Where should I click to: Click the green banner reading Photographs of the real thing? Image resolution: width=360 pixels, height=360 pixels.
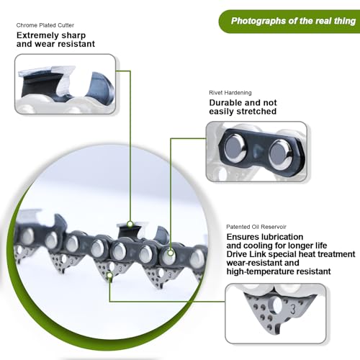[x=290, y=21]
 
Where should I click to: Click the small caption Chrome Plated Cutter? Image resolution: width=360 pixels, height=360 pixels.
[x=45, y=25]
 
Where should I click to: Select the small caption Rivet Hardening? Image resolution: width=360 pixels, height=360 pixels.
[x=230, y=93]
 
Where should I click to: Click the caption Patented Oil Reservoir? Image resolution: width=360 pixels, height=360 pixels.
[x=256, y=227]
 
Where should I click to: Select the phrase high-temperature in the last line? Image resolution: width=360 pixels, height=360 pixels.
[x=261, y=271]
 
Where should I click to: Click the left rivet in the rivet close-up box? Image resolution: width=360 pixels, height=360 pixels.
[x=235, y=148]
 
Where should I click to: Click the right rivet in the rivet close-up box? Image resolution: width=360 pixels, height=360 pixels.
[x=280, y=152]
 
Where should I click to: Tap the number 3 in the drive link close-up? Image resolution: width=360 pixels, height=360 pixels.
[x=293, y=309]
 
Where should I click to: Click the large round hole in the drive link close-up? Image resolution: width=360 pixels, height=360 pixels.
[x=276, y=306]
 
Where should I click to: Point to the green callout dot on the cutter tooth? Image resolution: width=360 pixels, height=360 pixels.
[x=130, y=224]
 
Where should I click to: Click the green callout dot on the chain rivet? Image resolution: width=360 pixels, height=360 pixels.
[x=171, y=253]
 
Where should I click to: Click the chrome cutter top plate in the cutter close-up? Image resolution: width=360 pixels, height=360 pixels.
[x=47, y=71]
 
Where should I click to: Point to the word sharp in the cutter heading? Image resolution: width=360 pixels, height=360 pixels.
[x=73, y=35]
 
